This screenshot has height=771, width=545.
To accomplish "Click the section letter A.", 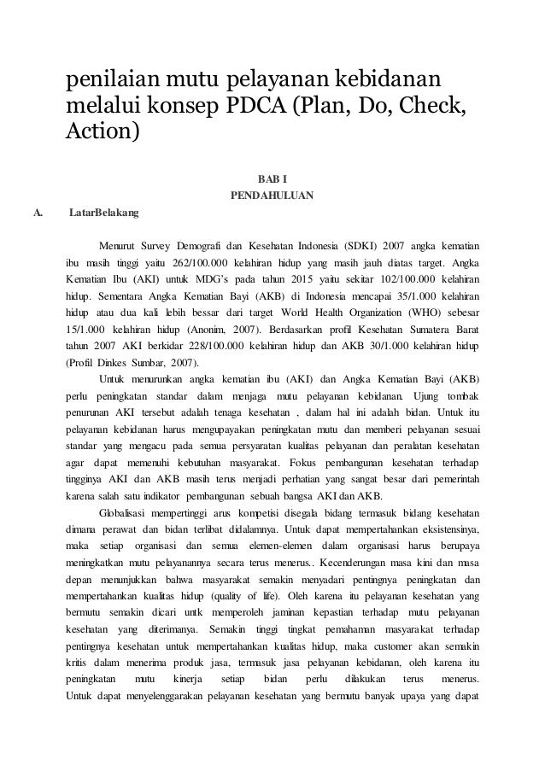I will pos(37,212).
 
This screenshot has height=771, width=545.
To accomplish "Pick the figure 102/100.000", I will pos(382,279).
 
